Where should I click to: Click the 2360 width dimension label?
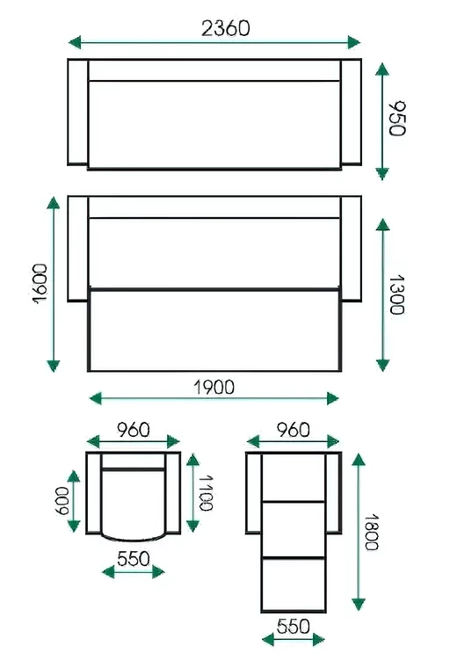[225, 28]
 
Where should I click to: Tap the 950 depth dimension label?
[397, 119]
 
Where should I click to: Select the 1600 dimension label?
[40, 283]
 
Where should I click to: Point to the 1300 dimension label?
[396, 294]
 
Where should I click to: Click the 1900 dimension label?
[214, 388]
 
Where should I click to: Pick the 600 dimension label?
[63, 501]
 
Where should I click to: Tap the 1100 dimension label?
[206, 492]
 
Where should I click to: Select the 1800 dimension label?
[371, 532]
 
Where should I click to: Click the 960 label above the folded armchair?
[134, 430]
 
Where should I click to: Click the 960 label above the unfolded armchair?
[294, 430]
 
